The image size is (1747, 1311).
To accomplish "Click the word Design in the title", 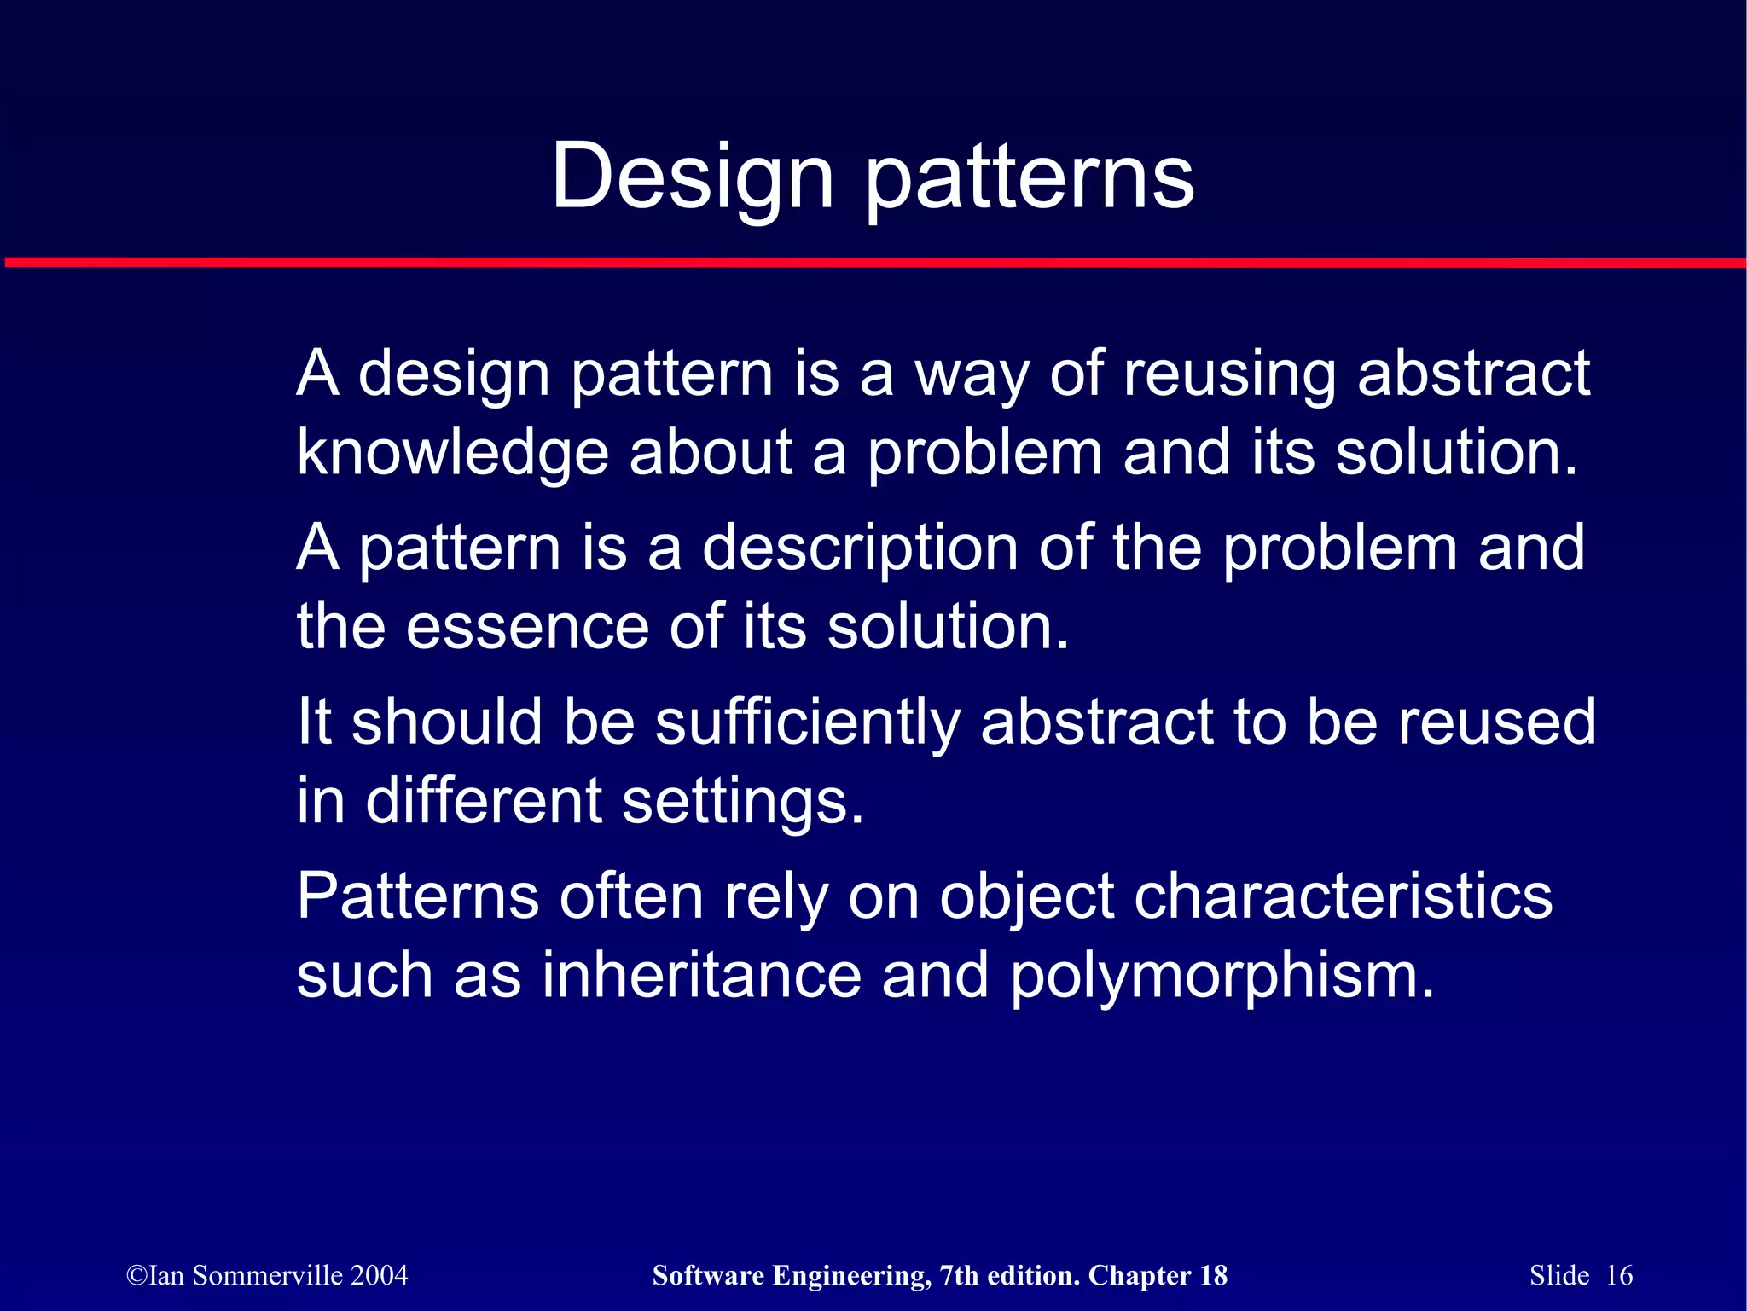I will pyautogui.click(x=692, y=177).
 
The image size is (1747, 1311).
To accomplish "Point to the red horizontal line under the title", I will pyautogui.click(x=873, y=263).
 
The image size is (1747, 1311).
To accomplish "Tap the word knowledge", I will pyautogui.click(x=452, y=453).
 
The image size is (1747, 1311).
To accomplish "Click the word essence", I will pyautogui.click(x=527, y=627).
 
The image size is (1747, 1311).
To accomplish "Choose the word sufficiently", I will pyautogui.click(x=808, y=722).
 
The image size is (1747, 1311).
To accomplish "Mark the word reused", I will pyautogui.click(x=1496, y=722).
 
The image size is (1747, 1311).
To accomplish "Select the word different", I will pyautogui.click(x=484, y=801).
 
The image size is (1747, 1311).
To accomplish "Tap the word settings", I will pyautogui.click(x=742, y=803).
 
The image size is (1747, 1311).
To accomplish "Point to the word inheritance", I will pyautogui.click(x=701, y=975).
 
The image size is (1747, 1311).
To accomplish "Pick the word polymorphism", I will pyautogui.click(x=1222, y=977).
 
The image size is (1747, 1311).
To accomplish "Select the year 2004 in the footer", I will pyautogui.click(x=380, y=1276).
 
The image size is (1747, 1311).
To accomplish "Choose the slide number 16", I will pyautogui.click(x=1619, y=1276).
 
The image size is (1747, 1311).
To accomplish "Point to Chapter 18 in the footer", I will pyautogui.click(x=1158, y=1276).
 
